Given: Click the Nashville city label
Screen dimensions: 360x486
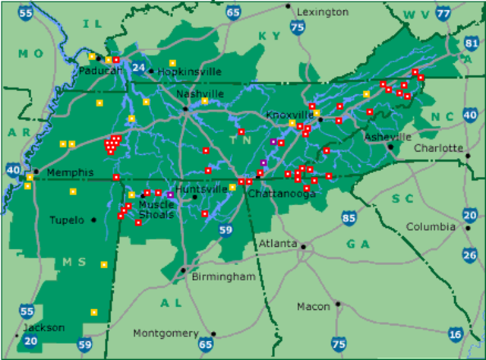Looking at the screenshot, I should pos(200,93).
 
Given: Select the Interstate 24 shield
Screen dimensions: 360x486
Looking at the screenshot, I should pos(138,68).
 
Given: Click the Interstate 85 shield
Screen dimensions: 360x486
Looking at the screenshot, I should pos(349,219).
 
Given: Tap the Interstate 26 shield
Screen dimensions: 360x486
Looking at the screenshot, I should pos(470,254).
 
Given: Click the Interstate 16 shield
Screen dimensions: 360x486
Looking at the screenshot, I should pos(455,333).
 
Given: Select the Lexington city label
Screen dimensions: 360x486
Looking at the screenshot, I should pos(323,11).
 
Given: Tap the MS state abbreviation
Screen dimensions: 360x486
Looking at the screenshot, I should pos(74,262).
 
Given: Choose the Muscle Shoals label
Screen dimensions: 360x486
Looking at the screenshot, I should pos(156,210).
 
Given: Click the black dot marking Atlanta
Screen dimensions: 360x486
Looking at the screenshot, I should pos(302,247).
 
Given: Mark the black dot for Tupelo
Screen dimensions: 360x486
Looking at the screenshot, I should pos(93,220).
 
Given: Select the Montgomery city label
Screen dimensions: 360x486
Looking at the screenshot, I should pos(165,333).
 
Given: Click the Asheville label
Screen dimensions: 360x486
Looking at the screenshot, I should pos(387,137).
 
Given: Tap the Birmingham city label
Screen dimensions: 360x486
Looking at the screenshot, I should pos(223,276).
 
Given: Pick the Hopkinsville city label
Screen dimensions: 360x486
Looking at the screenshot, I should pos(191,71).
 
